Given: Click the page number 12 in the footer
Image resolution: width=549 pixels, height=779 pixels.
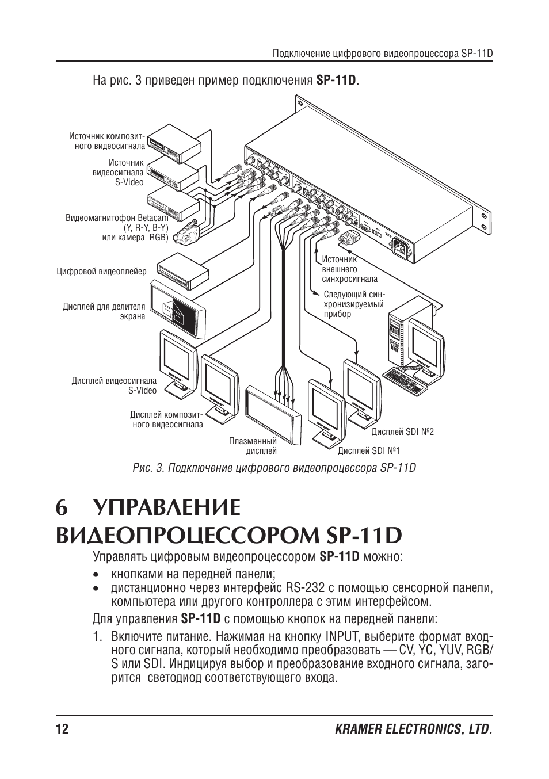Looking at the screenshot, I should tap(62, 730).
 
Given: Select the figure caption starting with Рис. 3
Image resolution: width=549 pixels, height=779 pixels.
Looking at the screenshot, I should tap(274, 467).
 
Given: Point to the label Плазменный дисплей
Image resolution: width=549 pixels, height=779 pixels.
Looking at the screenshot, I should tap(253, 446).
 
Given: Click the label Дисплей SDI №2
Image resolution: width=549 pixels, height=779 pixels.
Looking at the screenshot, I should tap(402, 431).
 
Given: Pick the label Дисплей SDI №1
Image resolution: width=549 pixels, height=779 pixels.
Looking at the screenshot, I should tap(368, 450).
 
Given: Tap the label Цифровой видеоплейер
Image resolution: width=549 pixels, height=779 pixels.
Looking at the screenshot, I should tap(101, 271).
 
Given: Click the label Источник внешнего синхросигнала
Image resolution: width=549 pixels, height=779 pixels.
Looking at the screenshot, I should tap(349, 269).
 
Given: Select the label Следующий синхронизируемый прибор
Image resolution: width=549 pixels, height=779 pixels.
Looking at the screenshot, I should tap(353, 304).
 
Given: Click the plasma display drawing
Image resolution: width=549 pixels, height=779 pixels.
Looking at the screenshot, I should tap(273, 415).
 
